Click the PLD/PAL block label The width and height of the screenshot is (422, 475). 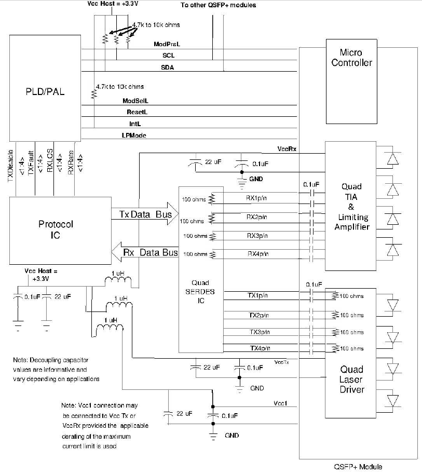point(45,91)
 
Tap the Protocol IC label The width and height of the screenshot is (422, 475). point(56,229)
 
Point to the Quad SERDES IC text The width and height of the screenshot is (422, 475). point(200,291)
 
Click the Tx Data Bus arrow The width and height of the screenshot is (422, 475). point(145,214)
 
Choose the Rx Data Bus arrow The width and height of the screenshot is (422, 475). point(145,252)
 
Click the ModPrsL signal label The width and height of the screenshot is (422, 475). point(167,44)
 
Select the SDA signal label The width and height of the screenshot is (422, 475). point(168,67)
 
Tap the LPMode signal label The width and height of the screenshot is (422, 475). point(134,135)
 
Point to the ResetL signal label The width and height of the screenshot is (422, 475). point(137,112)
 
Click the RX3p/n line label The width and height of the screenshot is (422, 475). point(257,236)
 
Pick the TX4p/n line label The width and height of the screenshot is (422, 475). point(260,348)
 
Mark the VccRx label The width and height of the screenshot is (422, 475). point(287,149)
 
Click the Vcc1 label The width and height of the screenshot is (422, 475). point(280,403)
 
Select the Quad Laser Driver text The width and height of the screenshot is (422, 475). point(351,379)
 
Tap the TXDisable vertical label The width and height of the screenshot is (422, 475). point(10,166)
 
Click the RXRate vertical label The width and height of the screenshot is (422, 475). point(71,162)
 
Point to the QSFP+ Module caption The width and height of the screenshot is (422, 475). point(358,467)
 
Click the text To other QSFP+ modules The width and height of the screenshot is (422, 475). point(218,5)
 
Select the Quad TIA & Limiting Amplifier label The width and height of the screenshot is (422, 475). point(351,207)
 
